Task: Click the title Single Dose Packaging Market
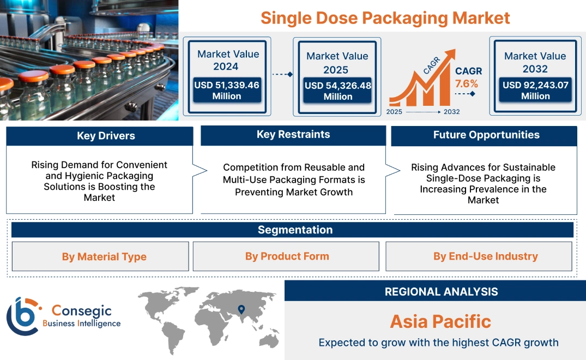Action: tap(385, 18)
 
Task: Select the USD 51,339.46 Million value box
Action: tap(227, 91)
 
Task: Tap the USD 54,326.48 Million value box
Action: tap(337, 91)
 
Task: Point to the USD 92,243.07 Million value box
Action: tap(535, 91)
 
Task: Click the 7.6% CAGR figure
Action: tap(466, 83)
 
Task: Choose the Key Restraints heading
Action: tap(293, 135)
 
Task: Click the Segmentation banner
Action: tap(294, 230)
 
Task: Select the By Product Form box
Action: tap(287, 256)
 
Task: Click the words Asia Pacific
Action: tap(440, 321)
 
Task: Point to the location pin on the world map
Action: tap(241, 310)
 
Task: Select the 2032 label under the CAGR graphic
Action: tap(451, 112)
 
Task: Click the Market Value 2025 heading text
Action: tap(337, 63)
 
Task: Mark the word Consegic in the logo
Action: tap(81, 311)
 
